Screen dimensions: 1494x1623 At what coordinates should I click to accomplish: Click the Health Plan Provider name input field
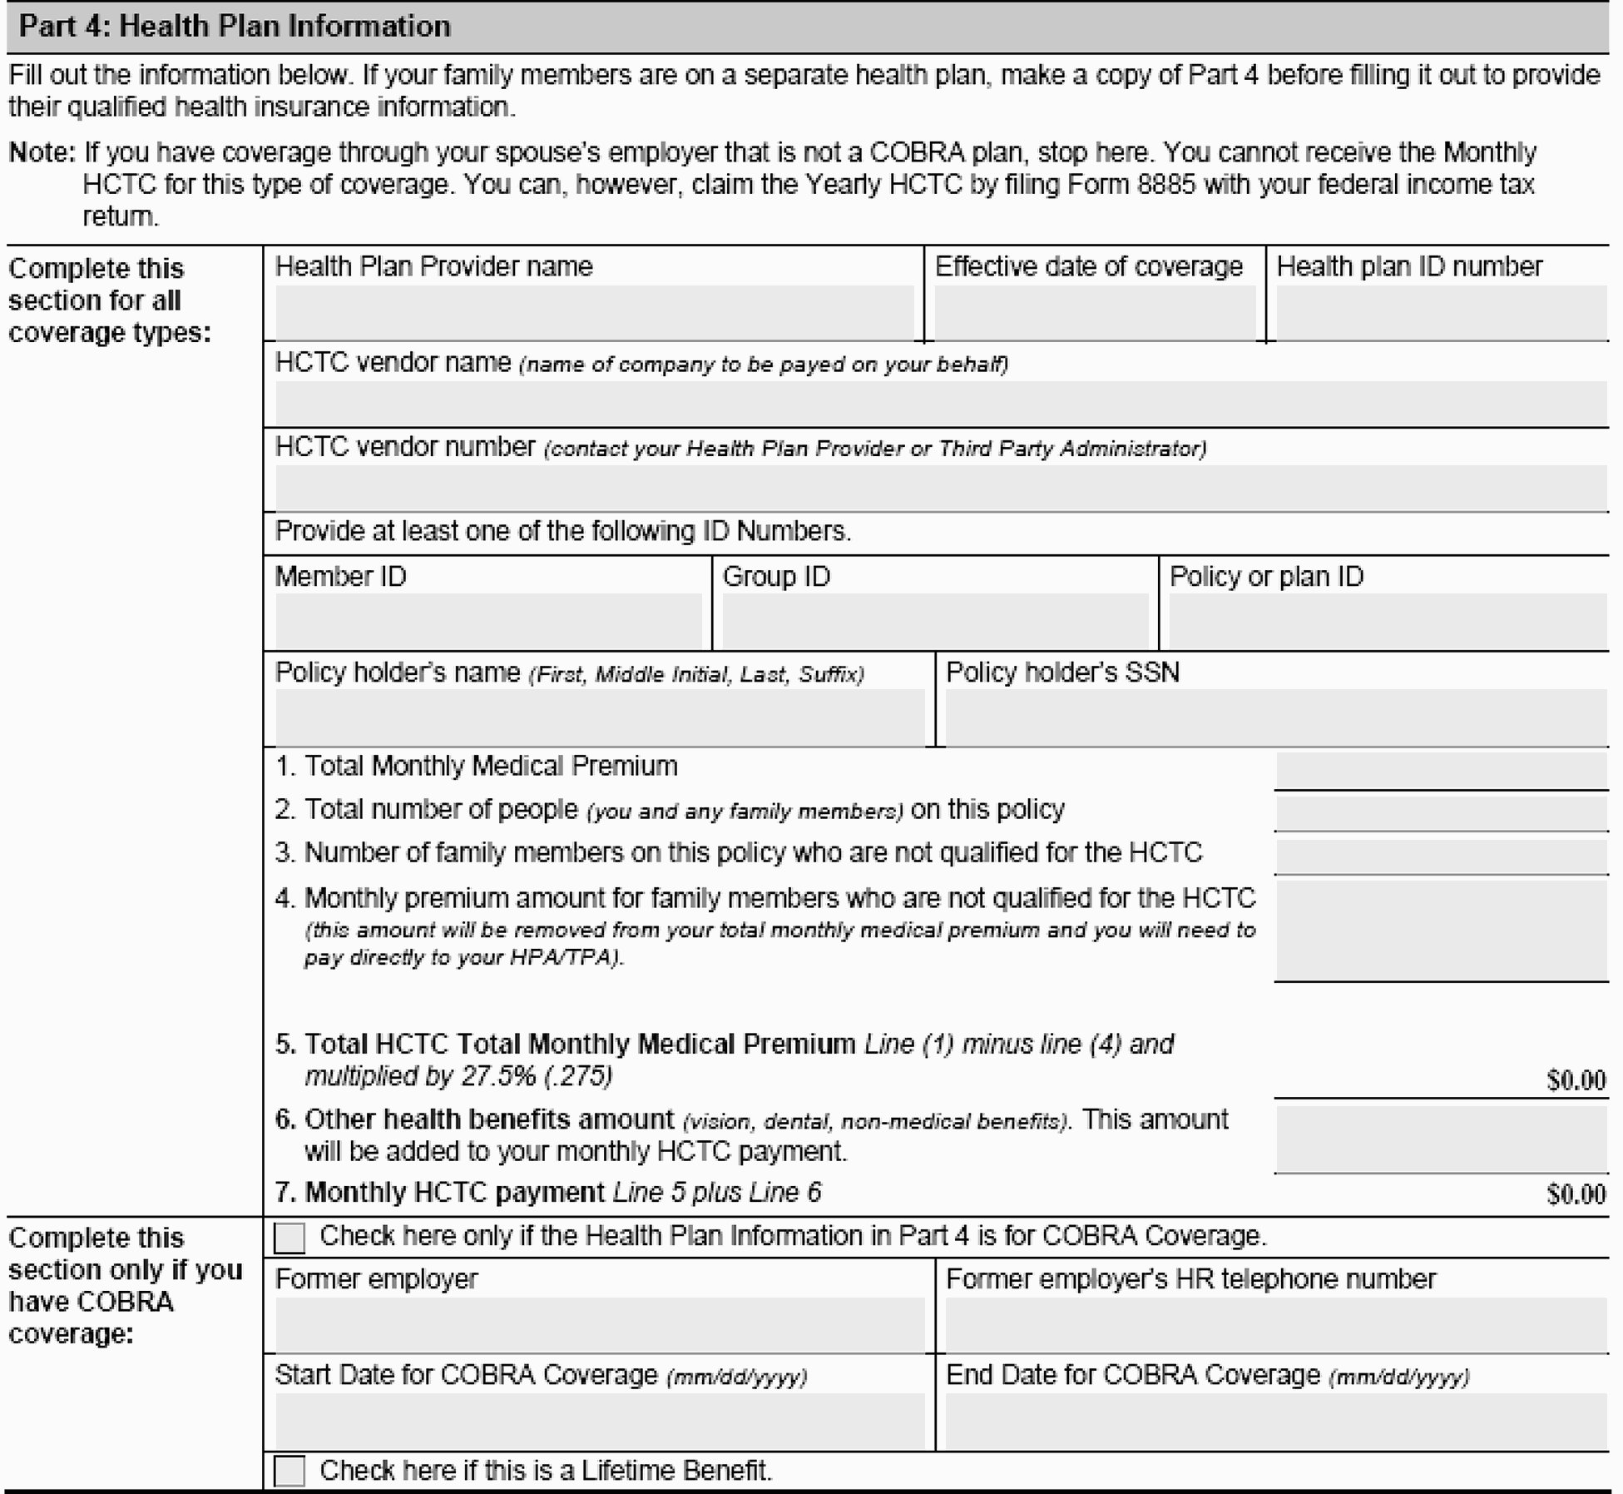pos(594,313)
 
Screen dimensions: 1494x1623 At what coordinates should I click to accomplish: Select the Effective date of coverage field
pos(1095,313)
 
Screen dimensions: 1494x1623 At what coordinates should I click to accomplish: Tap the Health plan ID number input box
pos(1441,313)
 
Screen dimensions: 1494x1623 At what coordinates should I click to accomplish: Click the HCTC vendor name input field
pos(940,405)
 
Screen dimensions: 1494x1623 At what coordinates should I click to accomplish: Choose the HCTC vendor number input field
pos(940,489)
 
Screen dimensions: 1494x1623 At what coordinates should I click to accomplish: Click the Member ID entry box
pos(488,621)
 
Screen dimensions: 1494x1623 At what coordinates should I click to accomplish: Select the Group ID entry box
pos(935,621)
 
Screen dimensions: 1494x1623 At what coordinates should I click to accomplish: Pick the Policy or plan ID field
pos(1388,621)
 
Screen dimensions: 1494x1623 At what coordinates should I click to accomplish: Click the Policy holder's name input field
pos(599,717)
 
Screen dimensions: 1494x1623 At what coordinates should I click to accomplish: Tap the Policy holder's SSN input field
pos(1276,717)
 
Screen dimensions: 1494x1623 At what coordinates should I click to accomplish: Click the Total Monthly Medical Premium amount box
pos(1441,771)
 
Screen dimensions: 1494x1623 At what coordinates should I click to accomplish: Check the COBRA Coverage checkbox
pos(289,1238)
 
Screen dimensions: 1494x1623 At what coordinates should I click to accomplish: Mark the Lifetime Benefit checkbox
pos(289,1471)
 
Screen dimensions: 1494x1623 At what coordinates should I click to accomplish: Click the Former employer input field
pos(599,1324)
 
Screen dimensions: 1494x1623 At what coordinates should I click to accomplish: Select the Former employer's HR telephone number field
pos(1276,1324)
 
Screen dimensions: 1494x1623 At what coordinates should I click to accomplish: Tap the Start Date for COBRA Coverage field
pos(599,1421)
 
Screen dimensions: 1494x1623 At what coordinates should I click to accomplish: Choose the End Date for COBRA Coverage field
pos(1276,1421)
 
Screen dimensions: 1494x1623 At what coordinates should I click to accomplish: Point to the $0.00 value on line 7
pos(1576,1195)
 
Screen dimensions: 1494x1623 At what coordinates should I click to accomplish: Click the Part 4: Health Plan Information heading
pos(235,27)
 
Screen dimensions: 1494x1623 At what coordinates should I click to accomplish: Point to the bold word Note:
pos(42,153)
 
